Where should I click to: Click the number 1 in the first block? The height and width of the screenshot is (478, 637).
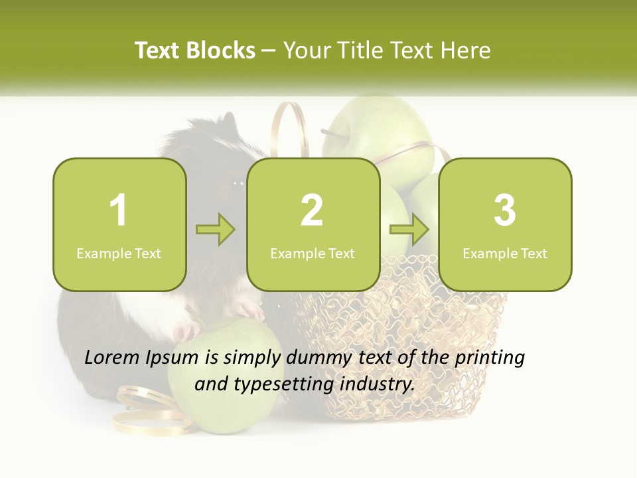(119, 210)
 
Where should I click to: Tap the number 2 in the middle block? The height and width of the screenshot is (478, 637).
(312, 210)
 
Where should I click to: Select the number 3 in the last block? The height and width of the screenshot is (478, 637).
(505, 210)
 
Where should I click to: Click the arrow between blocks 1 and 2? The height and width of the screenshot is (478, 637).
(216, 230)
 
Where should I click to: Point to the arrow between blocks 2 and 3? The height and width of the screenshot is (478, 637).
(409, 230)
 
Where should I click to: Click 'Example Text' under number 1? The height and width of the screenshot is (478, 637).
(119, 254)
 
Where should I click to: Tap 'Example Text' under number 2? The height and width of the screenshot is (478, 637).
(313, 254)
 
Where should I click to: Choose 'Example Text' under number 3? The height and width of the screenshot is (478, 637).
(505, 254)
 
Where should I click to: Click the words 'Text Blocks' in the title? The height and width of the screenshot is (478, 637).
(195, 50)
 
